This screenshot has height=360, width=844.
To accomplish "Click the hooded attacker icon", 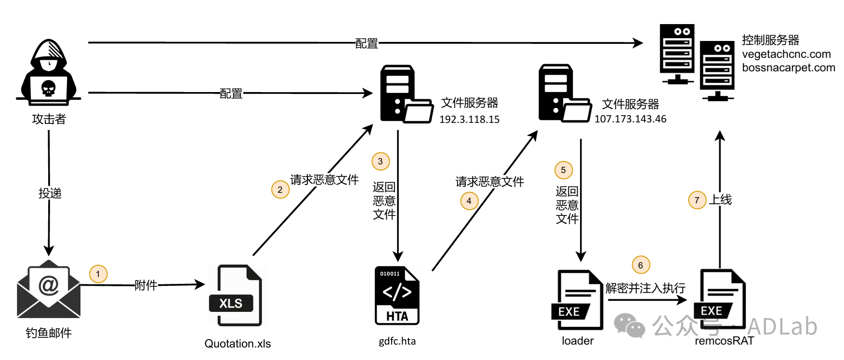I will point(49,72).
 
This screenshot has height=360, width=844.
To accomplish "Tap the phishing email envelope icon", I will point(49,289).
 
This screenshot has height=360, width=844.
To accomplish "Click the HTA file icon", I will point(397,295).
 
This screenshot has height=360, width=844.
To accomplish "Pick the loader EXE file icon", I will point(577,300).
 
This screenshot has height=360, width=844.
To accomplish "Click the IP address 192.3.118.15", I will point(469,120).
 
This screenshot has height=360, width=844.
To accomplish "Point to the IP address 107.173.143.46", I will point(630,119).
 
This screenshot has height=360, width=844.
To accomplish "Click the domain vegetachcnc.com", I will point(786,54).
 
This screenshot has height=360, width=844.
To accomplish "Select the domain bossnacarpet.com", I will point(788,67).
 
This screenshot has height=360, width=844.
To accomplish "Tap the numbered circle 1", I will point(98,274).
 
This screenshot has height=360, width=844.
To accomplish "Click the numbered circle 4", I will point(469,201).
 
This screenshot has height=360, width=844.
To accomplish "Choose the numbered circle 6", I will point(641,265).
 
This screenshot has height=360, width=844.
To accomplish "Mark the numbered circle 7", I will point(697,200).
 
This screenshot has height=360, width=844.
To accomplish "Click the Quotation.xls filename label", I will point(237,344).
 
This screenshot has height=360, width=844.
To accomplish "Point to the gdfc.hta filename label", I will point(397,341).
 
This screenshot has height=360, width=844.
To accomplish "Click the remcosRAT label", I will point(724,341).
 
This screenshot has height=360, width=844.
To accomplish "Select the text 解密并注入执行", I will point(645,288).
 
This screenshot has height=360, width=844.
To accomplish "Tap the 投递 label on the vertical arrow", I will point(50,193).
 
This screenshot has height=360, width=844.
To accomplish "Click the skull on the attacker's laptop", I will point(48,89).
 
